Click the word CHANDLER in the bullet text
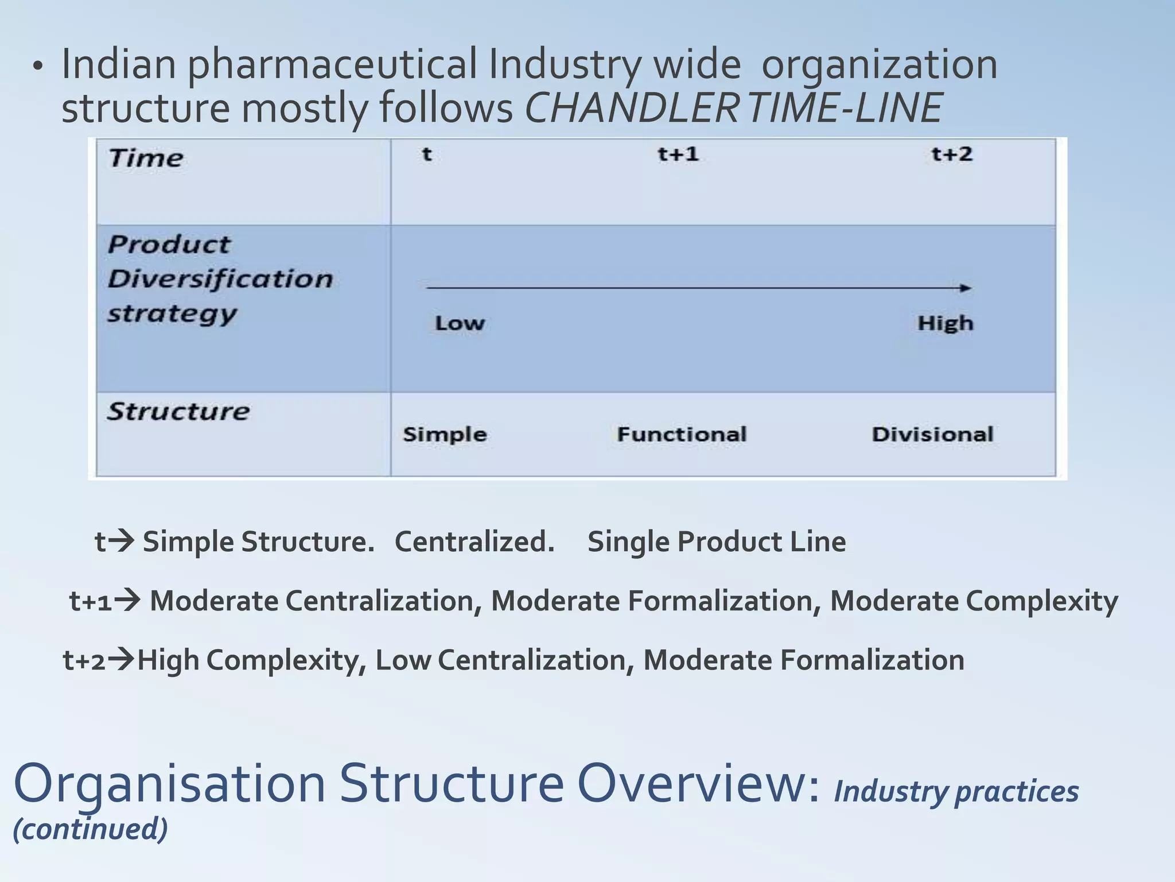631,107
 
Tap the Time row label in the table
146,158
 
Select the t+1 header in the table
678,154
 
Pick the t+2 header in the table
952,154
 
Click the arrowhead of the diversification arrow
966,288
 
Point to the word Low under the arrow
460,323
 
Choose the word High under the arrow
945,323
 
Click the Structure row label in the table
178,411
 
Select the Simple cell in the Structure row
445,434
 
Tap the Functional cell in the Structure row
682,434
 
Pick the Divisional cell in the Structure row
932,434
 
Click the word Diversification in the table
220,279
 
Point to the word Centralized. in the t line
474,541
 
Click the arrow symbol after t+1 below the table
127,601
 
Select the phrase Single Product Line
717,541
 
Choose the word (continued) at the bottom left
90,829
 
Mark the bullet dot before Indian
38,67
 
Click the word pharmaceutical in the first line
332,64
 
